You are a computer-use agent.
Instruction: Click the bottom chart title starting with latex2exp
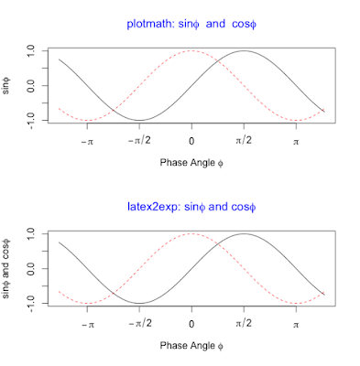(191, 208)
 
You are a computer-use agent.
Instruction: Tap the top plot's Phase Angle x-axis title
(191, 165)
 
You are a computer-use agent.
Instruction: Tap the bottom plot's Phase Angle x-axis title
(191, 348)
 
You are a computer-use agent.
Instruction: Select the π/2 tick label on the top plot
(244, 143)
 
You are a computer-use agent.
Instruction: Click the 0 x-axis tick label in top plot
(191, 143)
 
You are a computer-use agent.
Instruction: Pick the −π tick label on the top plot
(87, 143)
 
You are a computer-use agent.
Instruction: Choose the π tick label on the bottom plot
(296, 326)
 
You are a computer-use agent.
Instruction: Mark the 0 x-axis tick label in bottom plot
(191, 326)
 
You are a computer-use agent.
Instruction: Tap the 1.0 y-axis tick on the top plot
(31, 52)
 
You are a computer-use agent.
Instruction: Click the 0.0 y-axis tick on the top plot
(31, 85)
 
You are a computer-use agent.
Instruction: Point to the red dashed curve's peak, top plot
(191, 51)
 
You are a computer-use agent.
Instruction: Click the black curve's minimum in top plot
(139, 120)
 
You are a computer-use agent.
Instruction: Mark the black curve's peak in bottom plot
(244, 234)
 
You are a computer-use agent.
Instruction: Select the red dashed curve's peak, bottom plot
(191, 234)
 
